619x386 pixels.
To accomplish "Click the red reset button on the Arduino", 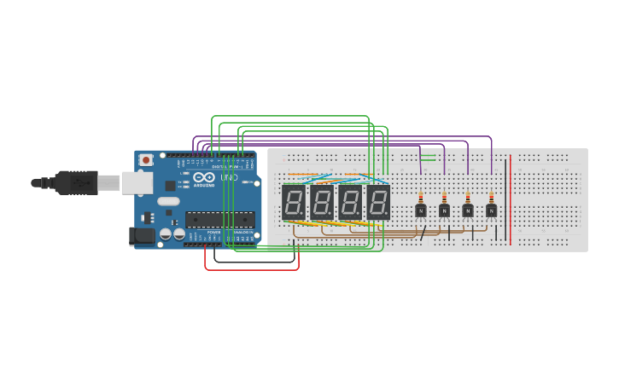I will point(146,159).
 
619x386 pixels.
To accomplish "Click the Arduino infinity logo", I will point(204,178).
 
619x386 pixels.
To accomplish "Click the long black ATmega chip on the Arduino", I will point(219,219).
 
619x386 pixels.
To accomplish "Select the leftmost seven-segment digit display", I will point(294,203).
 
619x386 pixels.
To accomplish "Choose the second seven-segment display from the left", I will point(322,203).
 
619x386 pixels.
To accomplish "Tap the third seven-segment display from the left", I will point(350,203).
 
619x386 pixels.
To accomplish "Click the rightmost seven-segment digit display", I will point(378,203).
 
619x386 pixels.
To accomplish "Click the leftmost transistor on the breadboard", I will point(420,210).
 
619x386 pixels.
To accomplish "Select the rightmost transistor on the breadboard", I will point(491,210).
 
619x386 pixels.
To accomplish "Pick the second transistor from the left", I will point(444,210).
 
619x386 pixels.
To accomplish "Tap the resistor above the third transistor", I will point(468,197).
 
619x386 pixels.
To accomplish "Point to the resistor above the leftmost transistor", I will point(420,197).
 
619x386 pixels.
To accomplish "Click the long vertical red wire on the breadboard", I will point(511,200).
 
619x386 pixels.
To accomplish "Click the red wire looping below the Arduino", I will point(252,269).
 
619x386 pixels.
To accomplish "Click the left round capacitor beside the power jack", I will point(166,233).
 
